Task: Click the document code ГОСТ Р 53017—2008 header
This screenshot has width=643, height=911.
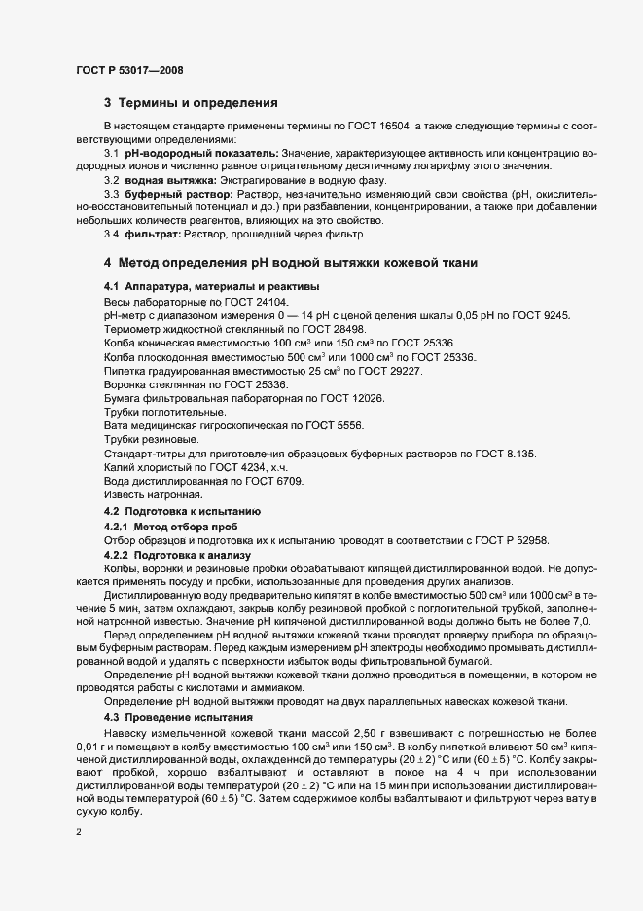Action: (x=128, y=70)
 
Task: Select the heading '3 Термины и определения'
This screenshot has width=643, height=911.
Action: (x=192, y=103)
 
